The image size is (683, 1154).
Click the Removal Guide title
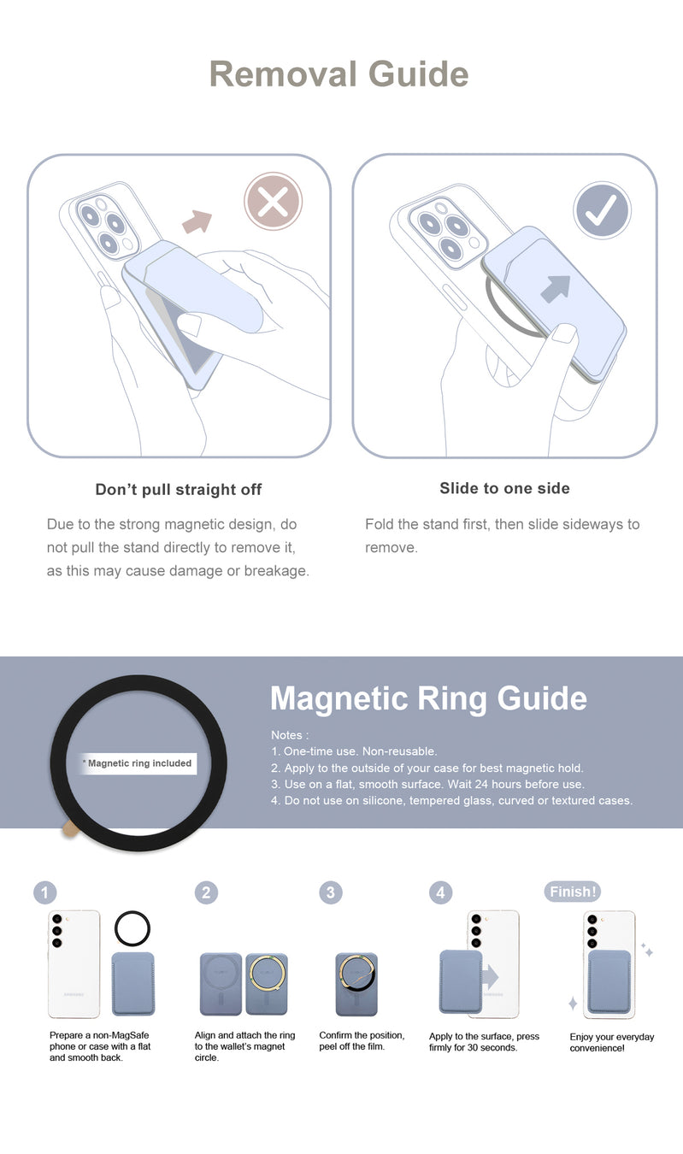pyautogui.click(x=339, y=74)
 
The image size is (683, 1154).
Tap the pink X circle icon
pyautogui.click(x=273, y=201)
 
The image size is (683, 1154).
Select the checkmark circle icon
pyautogui.click(x=602, y=209)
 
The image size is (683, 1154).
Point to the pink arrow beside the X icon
pyautogui.click(x=197, y=221)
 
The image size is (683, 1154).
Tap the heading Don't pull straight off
pyautogui.click(x=178, y=490)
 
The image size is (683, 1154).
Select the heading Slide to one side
pyautogui.click(x=505, y=488)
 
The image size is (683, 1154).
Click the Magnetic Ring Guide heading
pyautogui.click(x=428, y=698)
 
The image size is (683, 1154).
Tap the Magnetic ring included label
pyautogui.click(x=139, y=763)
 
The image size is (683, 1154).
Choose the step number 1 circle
pyautogui.click(x=44, y=892)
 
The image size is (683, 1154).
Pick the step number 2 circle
pyautogui.click(x=206, y=892)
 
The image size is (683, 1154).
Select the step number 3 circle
pyautogui.click(x=331, y=892)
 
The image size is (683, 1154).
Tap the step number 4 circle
pyautogui.click(x=440, y=892)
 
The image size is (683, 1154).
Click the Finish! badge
pyautogui.click(x=572, y=892)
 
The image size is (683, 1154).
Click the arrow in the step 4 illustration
pyautogui.click(x=491, y=977)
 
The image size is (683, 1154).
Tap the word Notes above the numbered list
pyautogui.click(x=287, y=735)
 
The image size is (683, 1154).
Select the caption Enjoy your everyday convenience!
pyautogui.click(x=612, y=1042)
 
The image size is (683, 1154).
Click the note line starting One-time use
pyautogui.click(x=354, y=751)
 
